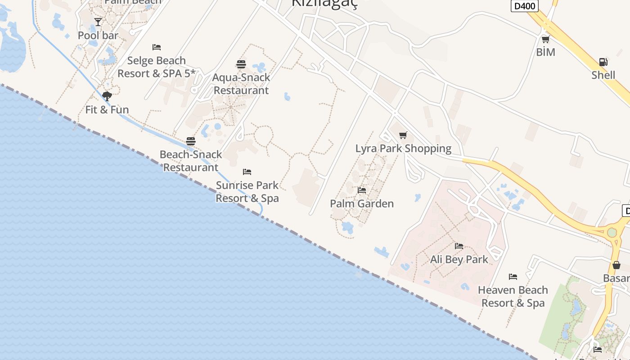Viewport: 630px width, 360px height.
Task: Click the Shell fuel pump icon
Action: pos(603,62)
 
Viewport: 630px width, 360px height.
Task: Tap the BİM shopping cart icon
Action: pos(546,39)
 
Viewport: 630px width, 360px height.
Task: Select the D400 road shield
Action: pos(525,5)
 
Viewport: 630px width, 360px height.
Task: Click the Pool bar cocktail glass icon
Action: pos(98,22)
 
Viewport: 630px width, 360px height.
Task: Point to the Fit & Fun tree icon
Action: pos(107,96)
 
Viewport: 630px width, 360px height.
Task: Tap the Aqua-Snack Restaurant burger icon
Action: pos(241,64)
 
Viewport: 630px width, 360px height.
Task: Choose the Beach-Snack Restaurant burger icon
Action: pos(191,141)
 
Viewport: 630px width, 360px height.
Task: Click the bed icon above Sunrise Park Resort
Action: pos(247,172)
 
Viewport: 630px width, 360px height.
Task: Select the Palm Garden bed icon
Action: pos(362,190)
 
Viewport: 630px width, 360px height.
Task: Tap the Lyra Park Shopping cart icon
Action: pos(403,135)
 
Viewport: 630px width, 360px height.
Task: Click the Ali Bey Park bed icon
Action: pos(459,246)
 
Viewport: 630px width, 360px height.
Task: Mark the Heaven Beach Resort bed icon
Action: pos(513,276)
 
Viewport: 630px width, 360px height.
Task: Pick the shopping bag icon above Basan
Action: pos(616,265)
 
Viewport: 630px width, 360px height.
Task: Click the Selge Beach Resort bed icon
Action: pos(157,47)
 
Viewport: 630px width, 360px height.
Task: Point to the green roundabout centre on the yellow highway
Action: pos(612,233)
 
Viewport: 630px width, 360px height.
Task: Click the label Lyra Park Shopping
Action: pos(403,148)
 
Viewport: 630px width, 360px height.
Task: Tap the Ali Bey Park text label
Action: pos(459,260)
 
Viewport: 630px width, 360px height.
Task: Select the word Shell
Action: pos(603,75)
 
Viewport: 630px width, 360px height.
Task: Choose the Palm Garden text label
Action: pos(362,204)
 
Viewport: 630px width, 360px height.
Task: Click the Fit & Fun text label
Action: pos(107,110)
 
